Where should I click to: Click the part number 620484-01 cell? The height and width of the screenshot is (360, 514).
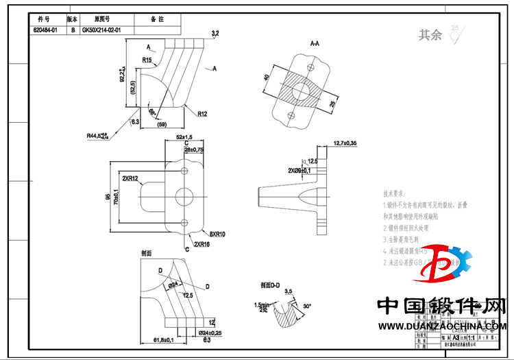click(47, 31)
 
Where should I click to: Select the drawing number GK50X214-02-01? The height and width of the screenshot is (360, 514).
click(101, 31)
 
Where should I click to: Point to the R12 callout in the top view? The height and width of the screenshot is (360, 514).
click(202, 113)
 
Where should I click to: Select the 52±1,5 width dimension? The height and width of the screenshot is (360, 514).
click(184, 137)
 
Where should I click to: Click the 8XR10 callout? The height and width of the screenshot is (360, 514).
click(217, 234)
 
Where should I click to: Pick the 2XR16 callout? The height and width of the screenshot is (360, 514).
click(201, 244)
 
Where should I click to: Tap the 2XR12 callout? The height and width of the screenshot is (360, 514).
click(130, 178)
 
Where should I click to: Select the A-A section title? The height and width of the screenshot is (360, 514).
click(315, 43)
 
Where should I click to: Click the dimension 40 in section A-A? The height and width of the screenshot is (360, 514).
click(267, 78)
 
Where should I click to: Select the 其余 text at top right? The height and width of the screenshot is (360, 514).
click(430, 35)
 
